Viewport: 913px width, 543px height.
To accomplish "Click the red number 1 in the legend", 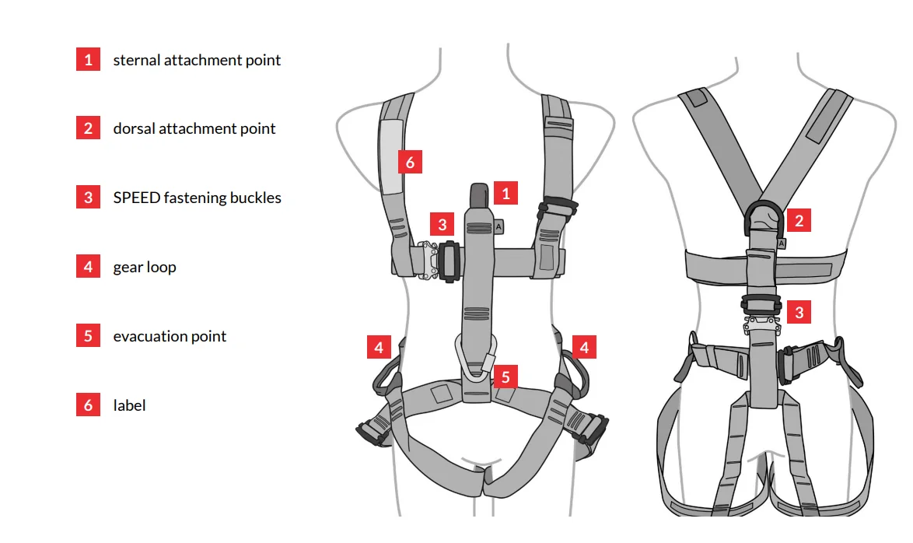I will click(x=88, y=60).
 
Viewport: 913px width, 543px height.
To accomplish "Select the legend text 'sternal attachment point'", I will click(x=197, y=60).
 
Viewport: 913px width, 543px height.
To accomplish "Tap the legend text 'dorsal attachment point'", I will click(x=194, y=129).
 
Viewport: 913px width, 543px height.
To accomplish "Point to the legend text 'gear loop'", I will click(x=145, y=267).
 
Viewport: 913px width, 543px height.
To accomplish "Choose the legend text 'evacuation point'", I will click(x=170, y=336).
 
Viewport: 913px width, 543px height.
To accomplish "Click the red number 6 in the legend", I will click(x=88, y=405).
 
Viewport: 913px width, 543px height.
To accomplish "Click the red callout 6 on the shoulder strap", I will click(x=410, y=163).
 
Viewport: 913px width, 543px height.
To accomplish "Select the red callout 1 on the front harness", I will click(x=505, y=193).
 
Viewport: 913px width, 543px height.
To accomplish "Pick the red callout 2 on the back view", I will click(x=798, y=220).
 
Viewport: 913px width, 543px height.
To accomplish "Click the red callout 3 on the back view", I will click(x=798, y=314).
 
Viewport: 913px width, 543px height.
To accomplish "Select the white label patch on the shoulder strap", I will click(x=390, y=156).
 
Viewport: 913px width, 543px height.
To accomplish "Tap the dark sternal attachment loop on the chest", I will click(x=479, y=195).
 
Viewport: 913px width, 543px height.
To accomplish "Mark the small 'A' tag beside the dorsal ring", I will click(x=782, y=243).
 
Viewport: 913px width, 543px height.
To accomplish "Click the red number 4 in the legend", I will click(x=88, y=267).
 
